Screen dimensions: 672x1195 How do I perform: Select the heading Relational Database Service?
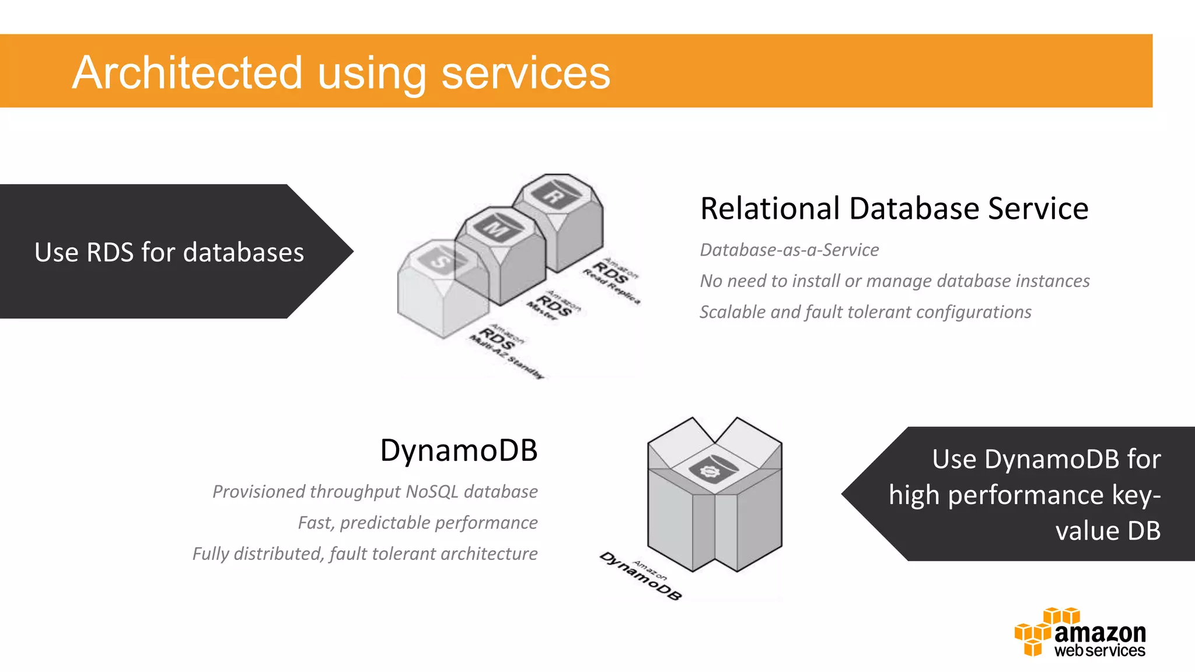click(894, 208)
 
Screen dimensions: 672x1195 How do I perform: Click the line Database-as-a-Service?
click(789, 250)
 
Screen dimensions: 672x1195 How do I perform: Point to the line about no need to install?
click(894, 281)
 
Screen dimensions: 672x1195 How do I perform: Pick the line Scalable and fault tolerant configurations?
click(865, 311)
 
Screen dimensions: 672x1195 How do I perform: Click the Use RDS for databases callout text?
click(169, 252)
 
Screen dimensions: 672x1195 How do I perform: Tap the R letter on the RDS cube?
click(553, 196)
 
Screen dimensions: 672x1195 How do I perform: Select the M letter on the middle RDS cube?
click(496, 228)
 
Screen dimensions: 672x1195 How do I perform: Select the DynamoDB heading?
click(459, 450)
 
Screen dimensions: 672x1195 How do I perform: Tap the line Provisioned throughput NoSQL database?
click(375, 491)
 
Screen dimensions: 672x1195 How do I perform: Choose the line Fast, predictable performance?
click(417, 522)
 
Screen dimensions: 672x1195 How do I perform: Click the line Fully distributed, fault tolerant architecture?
click(365, 553)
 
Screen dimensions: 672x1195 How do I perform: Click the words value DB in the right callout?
click(1107, 530)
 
